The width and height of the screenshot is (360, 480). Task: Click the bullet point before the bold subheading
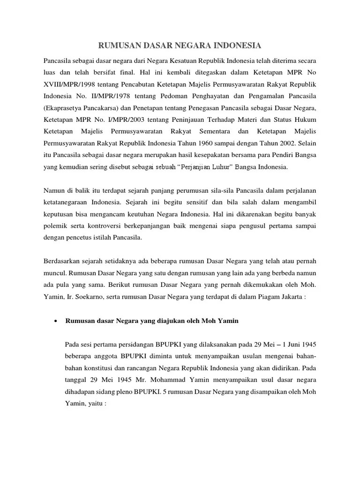[x=56, y=321]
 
